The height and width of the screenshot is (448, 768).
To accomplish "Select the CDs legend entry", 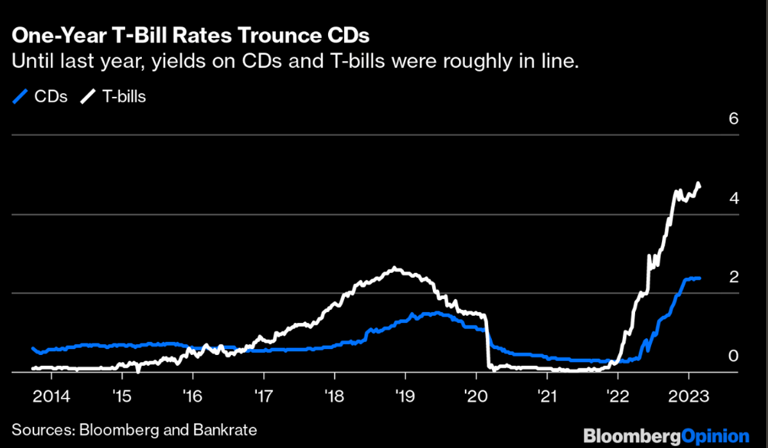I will coord(40,98).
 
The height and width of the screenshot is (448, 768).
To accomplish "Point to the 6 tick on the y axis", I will coord(733,119).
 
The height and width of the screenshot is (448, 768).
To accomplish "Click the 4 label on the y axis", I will coord(733,198).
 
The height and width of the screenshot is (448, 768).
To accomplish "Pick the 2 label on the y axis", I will coord(733,277).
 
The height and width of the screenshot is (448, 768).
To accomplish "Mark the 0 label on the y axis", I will coord(733,356).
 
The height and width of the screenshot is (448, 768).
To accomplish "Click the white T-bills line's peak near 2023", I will coord(698,184).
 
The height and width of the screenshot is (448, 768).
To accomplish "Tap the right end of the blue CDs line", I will coord(700,278).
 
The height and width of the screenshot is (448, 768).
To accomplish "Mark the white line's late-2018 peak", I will coord(394,268).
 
